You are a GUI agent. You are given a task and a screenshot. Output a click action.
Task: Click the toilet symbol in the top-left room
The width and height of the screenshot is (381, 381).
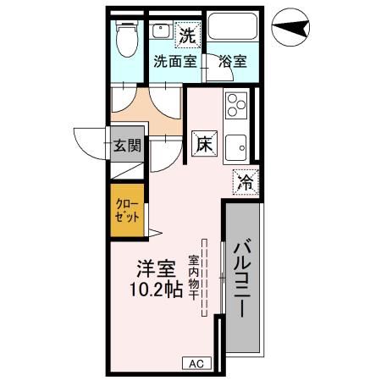(127, 37)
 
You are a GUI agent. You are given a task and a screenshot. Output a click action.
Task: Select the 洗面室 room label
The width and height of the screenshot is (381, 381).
(174, 62)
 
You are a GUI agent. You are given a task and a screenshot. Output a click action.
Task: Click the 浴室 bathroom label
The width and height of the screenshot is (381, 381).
(232, 62)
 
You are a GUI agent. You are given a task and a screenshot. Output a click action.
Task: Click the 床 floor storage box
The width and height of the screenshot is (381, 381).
(204, 144)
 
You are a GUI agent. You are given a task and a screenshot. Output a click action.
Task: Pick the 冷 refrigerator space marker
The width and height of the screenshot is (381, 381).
(245, 181)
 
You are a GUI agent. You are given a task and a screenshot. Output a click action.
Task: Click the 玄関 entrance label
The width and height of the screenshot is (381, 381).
(126, 145)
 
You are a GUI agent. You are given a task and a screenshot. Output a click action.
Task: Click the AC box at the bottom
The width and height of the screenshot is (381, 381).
(196, 363)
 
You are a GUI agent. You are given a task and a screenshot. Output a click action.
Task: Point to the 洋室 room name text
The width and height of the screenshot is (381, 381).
(157, 271)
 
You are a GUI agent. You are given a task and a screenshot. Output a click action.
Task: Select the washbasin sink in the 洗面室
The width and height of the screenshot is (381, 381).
(160, 31)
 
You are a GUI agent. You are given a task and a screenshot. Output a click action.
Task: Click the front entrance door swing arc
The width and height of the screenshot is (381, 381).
(87, 142)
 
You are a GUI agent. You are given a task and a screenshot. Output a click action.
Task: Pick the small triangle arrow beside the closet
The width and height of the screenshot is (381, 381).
(154, 231)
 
